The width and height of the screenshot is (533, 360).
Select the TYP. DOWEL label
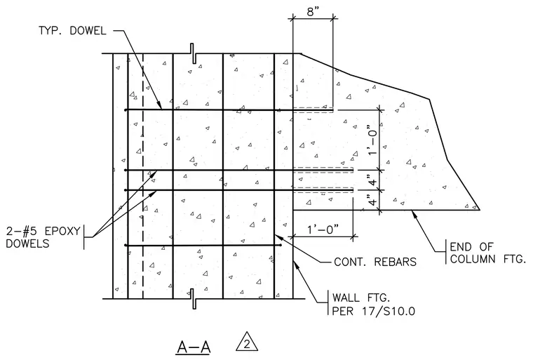[72, 31]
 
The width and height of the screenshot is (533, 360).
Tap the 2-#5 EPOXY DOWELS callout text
[43, 237]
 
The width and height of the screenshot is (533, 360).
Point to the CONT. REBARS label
[375, 262]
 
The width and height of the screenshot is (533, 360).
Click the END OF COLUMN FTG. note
[487, 253]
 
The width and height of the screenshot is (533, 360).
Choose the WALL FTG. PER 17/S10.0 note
[373, 305]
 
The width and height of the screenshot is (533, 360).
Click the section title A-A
[194, 347]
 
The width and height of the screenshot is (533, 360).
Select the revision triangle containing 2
[247, 341]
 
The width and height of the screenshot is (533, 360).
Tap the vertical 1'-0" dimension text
[373, 140]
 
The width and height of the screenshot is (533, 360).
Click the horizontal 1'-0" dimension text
[323, 229]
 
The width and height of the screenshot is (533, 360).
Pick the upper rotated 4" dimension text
[373, 180]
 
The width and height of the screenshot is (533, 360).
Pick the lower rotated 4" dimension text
[373, 200]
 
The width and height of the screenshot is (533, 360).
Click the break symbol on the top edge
[192, 53]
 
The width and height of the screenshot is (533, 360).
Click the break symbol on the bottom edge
[192, 299]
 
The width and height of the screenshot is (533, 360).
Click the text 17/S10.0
[389, 311]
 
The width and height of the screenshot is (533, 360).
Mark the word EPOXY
[62, 231]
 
